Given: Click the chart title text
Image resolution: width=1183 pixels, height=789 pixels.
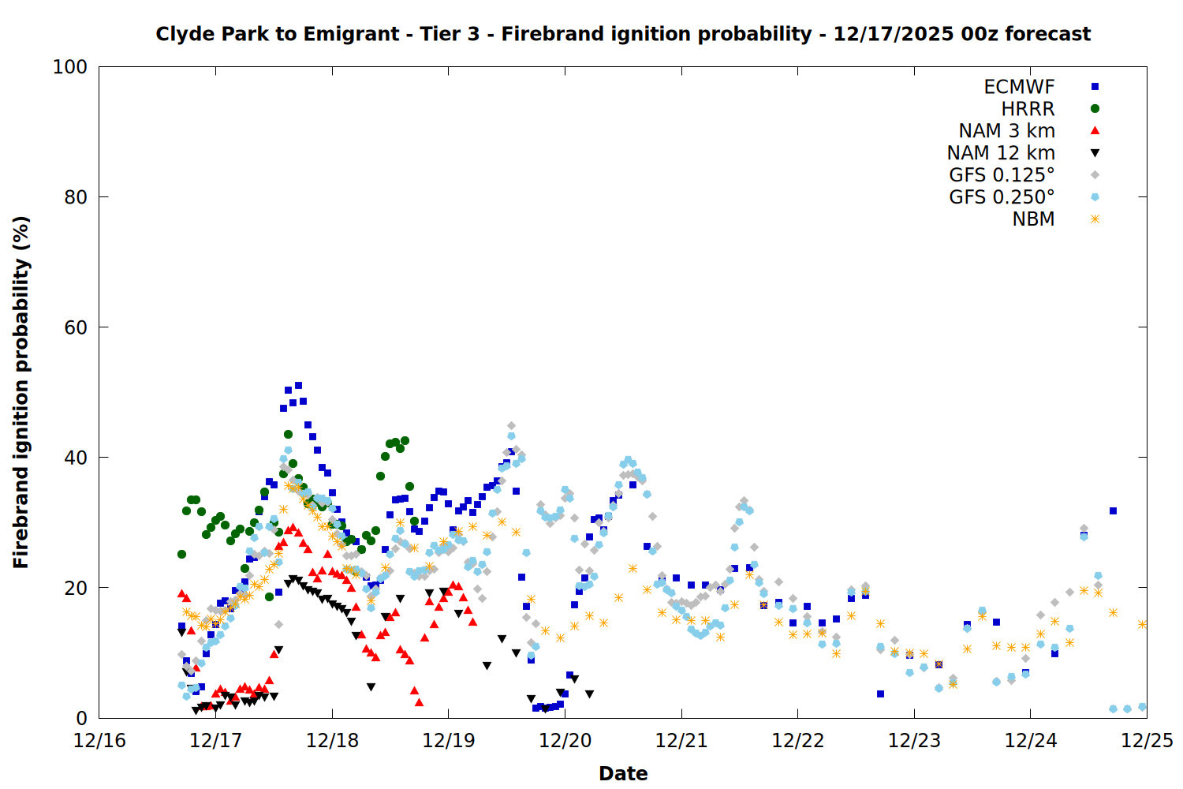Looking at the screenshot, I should point(623,34).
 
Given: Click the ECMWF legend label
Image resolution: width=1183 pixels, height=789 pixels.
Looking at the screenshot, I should point(1019,87).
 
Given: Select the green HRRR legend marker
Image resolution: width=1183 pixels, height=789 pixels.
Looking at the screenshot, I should point(1095,109).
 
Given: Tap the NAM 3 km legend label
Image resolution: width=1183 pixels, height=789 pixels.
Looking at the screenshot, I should point(1006,131).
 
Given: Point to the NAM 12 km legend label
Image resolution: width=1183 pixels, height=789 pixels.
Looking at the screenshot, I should point(1001,153).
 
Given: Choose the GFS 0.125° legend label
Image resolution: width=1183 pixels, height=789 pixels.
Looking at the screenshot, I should point(1002,175).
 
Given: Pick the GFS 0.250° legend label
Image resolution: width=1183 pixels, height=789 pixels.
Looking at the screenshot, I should point(1002,197).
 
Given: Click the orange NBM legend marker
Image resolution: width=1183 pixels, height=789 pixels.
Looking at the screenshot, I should point(1095,219).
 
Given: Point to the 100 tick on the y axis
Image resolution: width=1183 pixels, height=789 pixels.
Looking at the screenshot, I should point(70,67).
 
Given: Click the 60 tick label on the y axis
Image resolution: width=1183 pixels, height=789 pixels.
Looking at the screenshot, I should point(76,327).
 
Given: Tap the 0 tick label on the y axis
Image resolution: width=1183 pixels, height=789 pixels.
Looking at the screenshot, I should point(81,718).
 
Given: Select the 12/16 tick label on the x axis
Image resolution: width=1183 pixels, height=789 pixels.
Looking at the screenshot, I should point(99,741).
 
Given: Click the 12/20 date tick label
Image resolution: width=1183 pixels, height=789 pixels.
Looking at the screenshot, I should point(565,741).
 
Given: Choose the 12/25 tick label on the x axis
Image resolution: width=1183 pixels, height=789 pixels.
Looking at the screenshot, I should point(1148,741).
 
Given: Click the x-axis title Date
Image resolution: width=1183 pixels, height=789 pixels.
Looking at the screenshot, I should point(623,773).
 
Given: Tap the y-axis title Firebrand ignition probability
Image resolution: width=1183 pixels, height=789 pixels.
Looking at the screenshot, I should point(21,392).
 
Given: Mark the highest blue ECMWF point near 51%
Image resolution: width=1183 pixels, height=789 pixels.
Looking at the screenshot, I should point(298,386).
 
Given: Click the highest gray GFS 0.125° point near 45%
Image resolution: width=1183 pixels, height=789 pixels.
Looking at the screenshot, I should point(511,426).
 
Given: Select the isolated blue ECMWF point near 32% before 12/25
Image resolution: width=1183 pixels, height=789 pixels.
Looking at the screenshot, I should point(1113,511).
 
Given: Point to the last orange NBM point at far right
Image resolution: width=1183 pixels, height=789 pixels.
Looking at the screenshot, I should point(1142,624).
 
